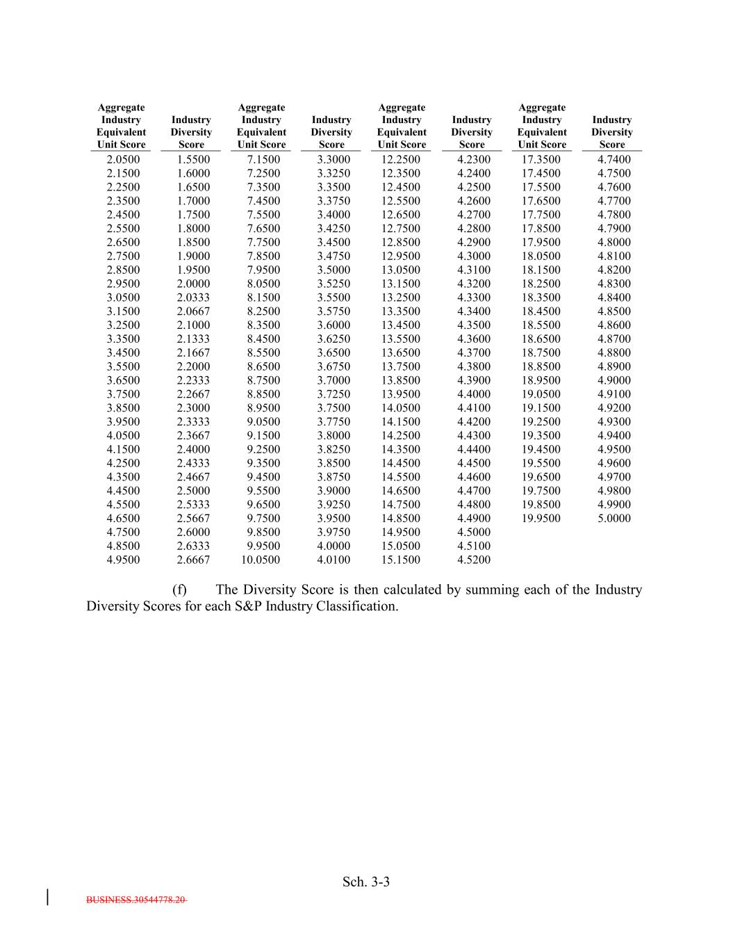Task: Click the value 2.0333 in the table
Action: tap(193, 298)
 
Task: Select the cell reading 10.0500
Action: tap(261, 560)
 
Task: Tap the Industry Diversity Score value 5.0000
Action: tap(614, 518)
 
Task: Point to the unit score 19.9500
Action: tap(541, 518)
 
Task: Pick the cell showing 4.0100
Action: tap(333, 560)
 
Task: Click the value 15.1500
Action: tap(401, 560)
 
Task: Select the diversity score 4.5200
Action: tap(474, 560)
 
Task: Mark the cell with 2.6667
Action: tap(193, 560)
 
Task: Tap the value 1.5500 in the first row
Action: tap(193, 159)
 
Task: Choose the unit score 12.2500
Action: tap(401, 159)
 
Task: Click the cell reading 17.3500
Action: tap(541, 159)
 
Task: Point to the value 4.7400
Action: tap(614, 159)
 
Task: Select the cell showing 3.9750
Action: tap(333, 532)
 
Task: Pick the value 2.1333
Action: tap(193, 339)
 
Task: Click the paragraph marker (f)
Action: tap(179, 590)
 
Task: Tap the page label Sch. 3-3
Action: tap(366, 882)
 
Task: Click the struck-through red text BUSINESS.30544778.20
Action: tap(136, 900)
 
